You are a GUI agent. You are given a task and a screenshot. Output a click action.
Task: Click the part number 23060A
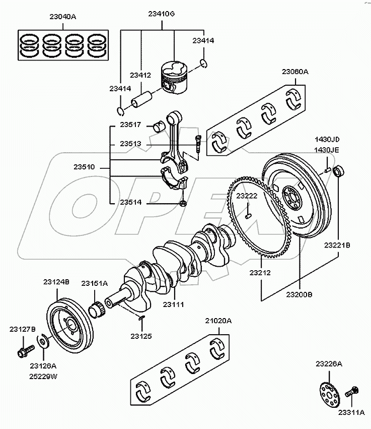tap(295, 72)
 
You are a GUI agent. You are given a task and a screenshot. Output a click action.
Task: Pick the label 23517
tap(130, 125)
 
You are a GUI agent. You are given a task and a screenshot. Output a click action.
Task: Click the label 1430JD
tap(328, 139)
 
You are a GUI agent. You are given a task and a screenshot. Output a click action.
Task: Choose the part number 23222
tap(247, 196)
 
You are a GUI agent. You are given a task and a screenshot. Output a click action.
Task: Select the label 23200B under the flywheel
tap(299, 294)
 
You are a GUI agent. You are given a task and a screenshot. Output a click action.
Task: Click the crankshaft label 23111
tap(173, 304)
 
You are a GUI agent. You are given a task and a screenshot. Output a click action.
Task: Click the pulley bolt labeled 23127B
tap(24, 349)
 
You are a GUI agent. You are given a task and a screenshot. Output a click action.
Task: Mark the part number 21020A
tap(218, 321)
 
